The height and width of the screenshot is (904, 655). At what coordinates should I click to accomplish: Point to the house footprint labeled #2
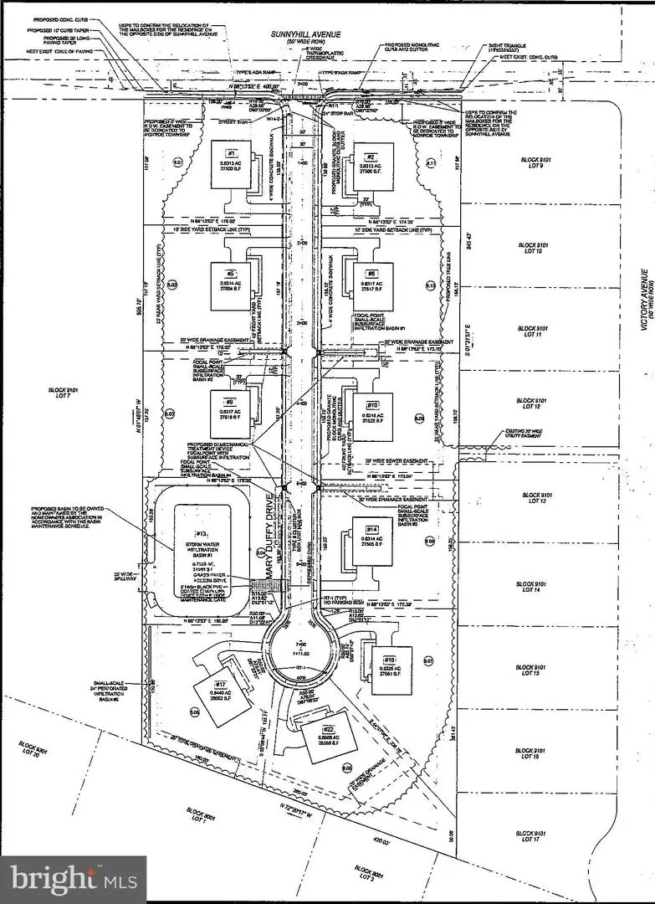coord(371,164)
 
